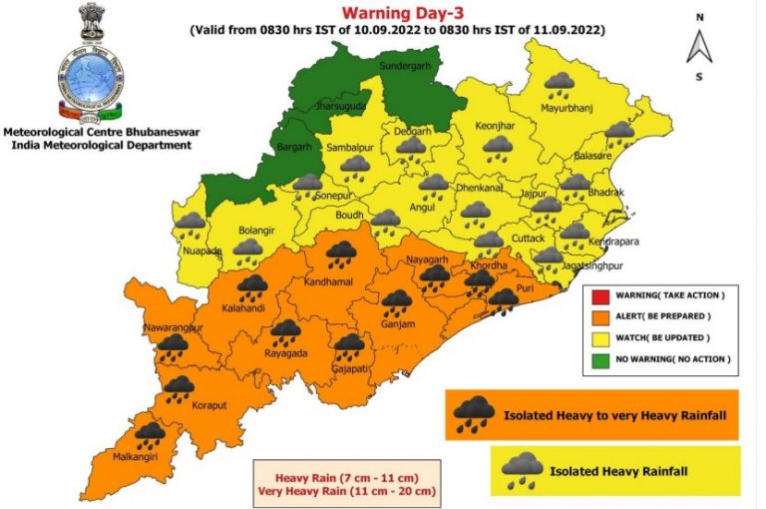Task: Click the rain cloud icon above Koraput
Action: point(180,389)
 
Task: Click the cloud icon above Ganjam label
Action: point(397,302)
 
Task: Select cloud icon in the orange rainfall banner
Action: point(474,414)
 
